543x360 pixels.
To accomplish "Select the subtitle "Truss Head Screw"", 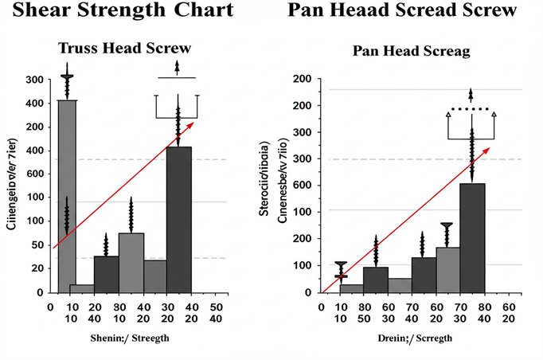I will (x=128, y=49).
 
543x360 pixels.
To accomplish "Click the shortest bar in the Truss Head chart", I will (x=81, y=288).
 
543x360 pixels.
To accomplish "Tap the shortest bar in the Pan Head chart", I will (x=351, y=288).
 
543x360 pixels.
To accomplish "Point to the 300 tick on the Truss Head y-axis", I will (x=34, y=80).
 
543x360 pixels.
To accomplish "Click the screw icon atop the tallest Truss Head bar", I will (x=67, y=86).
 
